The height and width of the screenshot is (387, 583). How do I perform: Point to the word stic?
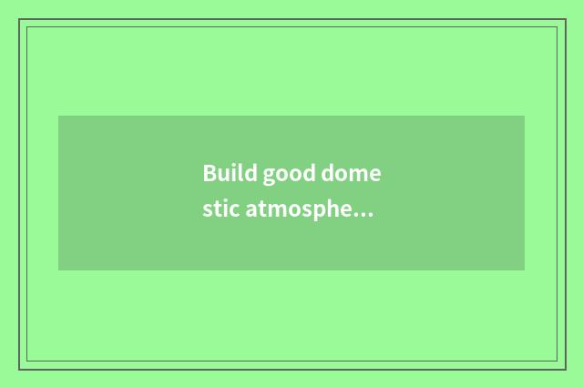coord(220,210)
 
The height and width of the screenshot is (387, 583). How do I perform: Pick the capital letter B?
coord(210,173)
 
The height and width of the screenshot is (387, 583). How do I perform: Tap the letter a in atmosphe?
coord(251,212)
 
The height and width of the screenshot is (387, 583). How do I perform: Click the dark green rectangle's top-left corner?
coord(58,116)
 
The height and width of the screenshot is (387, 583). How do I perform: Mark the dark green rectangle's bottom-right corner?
coord(525,270)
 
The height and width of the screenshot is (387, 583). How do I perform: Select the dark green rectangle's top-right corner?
coord(525,116)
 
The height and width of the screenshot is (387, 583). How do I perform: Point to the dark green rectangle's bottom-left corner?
coord(58,270)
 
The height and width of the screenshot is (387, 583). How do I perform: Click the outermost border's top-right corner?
coord(565,19)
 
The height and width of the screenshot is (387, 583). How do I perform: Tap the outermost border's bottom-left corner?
coord(18,369)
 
